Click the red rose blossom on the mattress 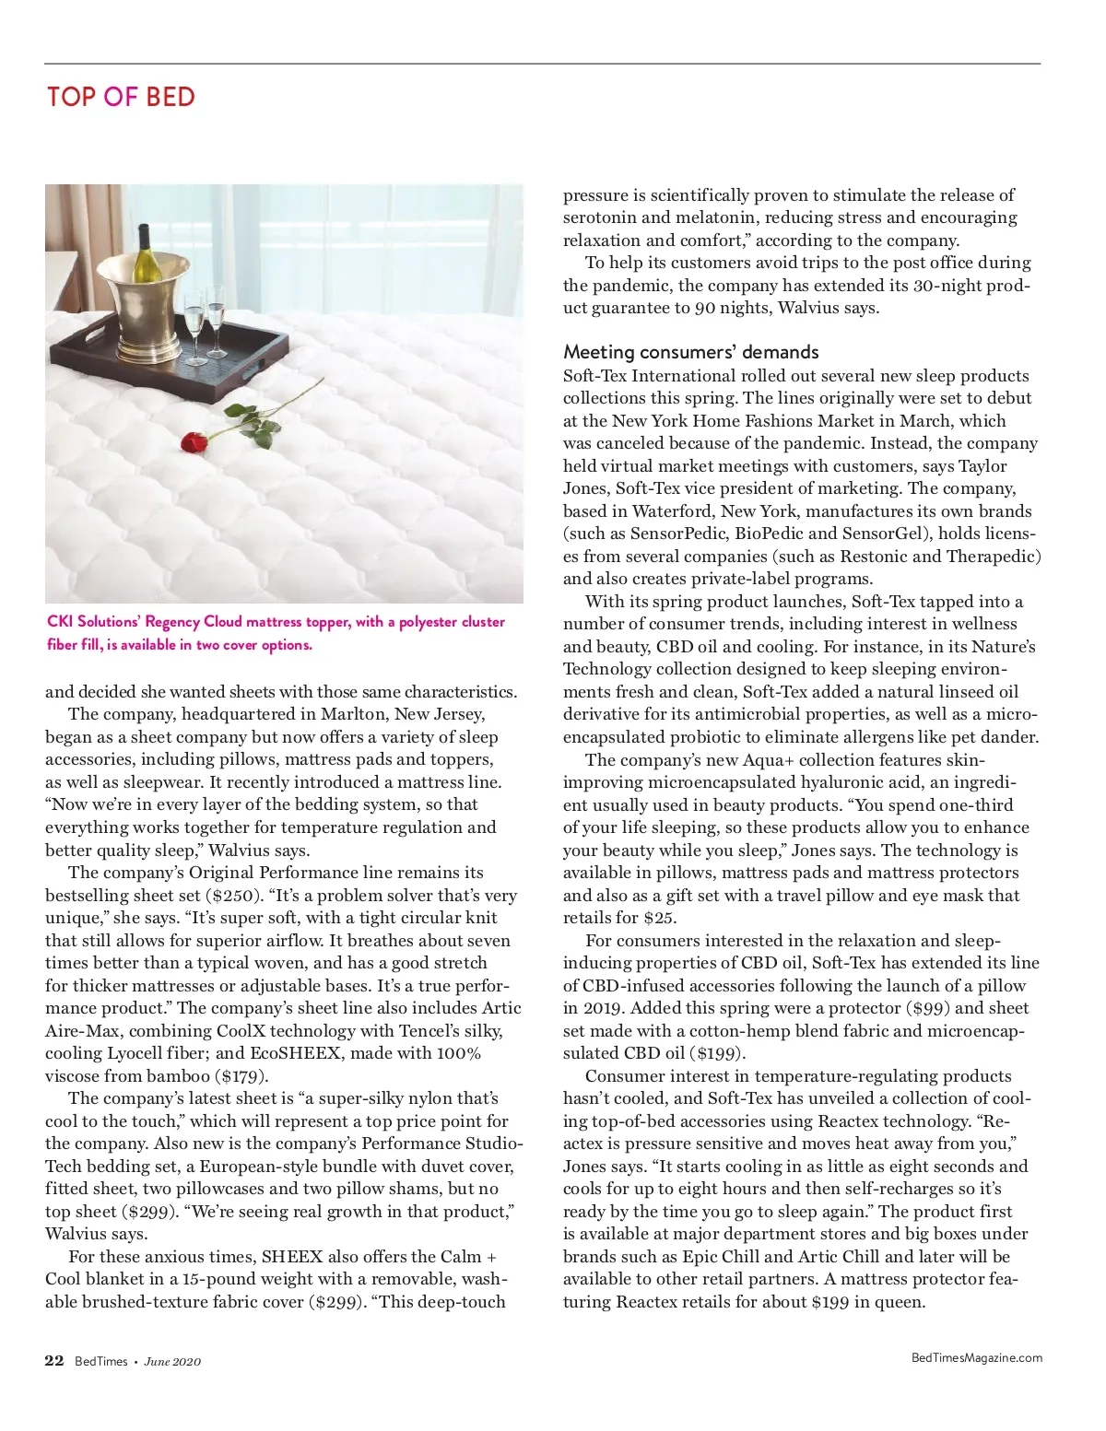click(x=192, y=443)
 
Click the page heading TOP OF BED click(x=121, y=97)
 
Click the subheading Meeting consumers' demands click(x=690, y=352)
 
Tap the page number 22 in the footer click(x=54, y=1360)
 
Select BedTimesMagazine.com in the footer click(x=976, y=1356)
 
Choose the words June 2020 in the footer click(x=172, y=1361)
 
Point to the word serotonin click(x=600, y=217)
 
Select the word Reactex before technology click(x=853, y=1121)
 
